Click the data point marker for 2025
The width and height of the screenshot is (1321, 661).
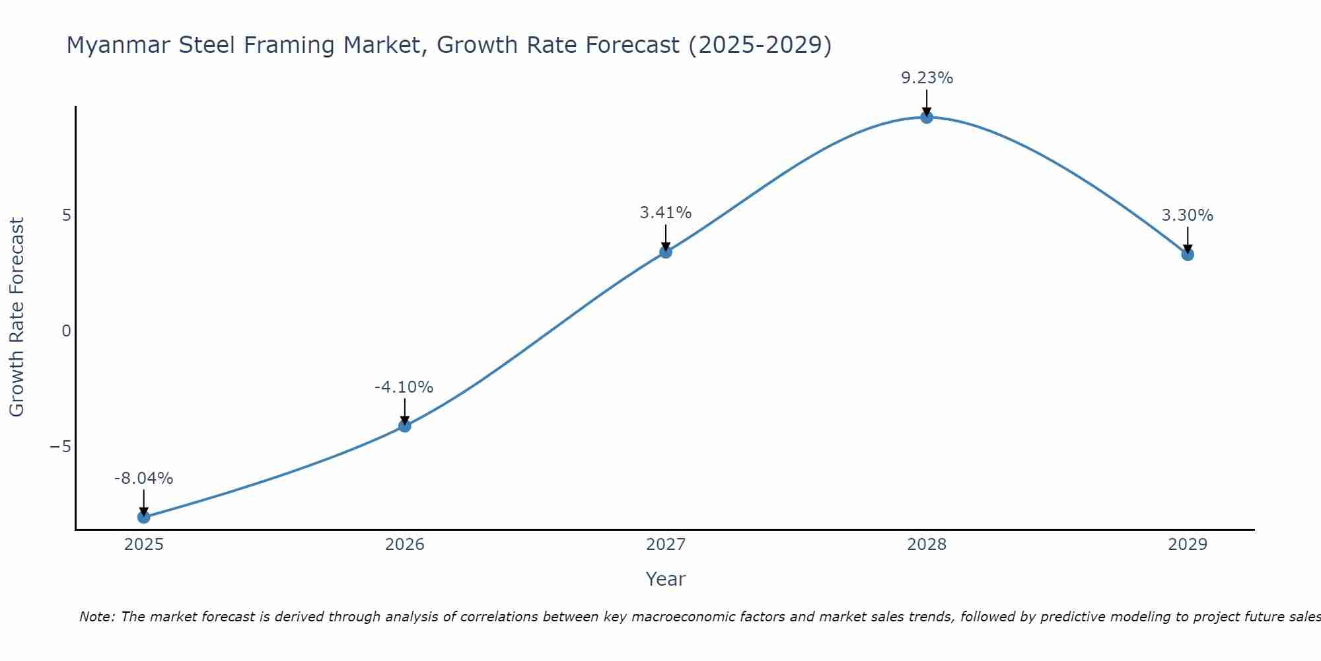(143, 517)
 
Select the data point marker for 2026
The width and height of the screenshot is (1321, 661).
(404, 426)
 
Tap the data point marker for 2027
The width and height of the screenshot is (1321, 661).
(665, 252)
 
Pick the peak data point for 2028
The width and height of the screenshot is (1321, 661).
(926, 118)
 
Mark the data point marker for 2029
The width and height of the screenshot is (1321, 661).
(1187, 254)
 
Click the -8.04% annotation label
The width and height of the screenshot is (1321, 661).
(143, 479)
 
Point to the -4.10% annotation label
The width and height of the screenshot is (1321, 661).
(404, 387)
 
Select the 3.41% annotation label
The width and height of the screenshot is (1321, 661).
(665, 213)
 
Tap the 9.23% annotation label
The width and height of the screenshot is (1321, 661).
(927, 78)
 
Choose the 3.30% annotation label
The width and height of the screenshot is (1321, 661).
(1187, 215)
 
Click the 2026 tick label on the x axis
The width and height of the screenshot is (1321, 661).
(404, 545)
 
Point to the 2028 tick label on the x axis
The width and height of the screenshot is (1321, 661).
(926, 545)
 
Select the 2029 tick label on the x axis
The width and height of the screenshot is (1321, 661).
(1187, 545)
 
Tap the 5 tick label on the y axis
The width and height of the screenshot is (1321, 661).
(66, 215)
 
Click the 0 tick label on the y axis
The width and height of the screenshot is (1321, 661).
(66, 331)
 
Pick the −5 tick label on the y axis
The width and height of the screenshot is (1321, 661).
(60, 447)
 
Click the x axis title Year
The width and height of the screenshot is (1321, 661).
(665, 579)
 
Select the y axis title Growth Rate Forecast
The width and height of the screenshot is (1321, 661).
(17, 317)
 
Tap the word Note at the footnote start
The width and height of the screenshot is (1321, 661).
(96, 617)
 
